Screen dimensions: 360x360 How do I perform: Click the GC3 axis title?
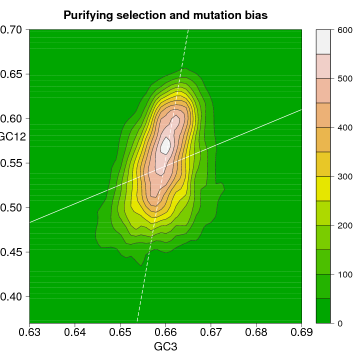(165, 346)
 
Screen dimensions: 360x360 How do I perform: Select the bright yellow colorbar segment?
(323, 188)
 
